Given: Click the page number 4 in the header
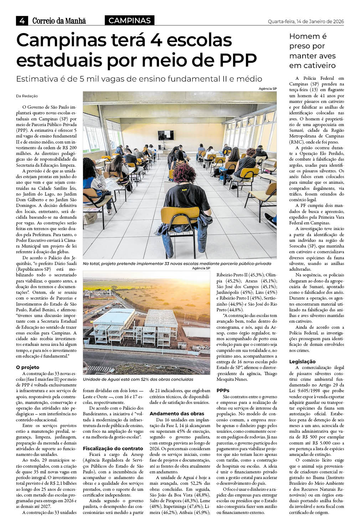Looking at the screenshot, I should [22, 21].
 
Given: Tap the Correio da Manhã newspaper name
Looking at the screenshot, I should [59, 21].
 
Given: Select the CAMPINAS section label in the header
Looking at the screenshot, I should [129, 21].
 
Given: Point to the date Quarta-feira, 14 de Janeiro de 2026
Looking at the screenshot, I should [306, 21].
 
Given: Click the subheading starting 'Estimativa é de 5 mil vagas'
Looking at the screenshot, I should [139, 79].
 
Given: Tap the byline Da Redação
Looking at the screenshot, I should [27, 96].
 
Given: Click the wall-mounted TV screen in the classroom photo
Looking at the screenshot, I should [165, 135].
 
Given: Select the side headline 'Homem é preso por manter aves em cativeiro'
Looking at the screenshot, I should [312, 51].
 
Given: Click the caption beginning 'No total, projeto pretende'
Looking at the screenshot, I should [177, 264].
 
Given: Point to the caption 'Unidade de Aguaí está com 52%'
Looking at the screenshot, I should [138, 379].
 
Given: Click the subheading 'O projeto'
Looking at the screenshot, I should [27, 367].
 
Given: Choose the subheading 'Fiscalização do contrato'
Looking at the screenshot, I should [113, 448].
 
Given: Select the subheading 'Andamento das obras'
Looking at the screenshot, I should [177, 414].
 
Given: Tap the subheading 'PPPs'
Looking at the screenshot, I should [223, 390].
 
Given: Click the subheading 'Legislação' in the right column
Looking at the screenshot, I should [302, 362].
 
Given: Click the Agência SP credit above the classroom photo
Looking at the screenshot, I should [268, 89].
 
